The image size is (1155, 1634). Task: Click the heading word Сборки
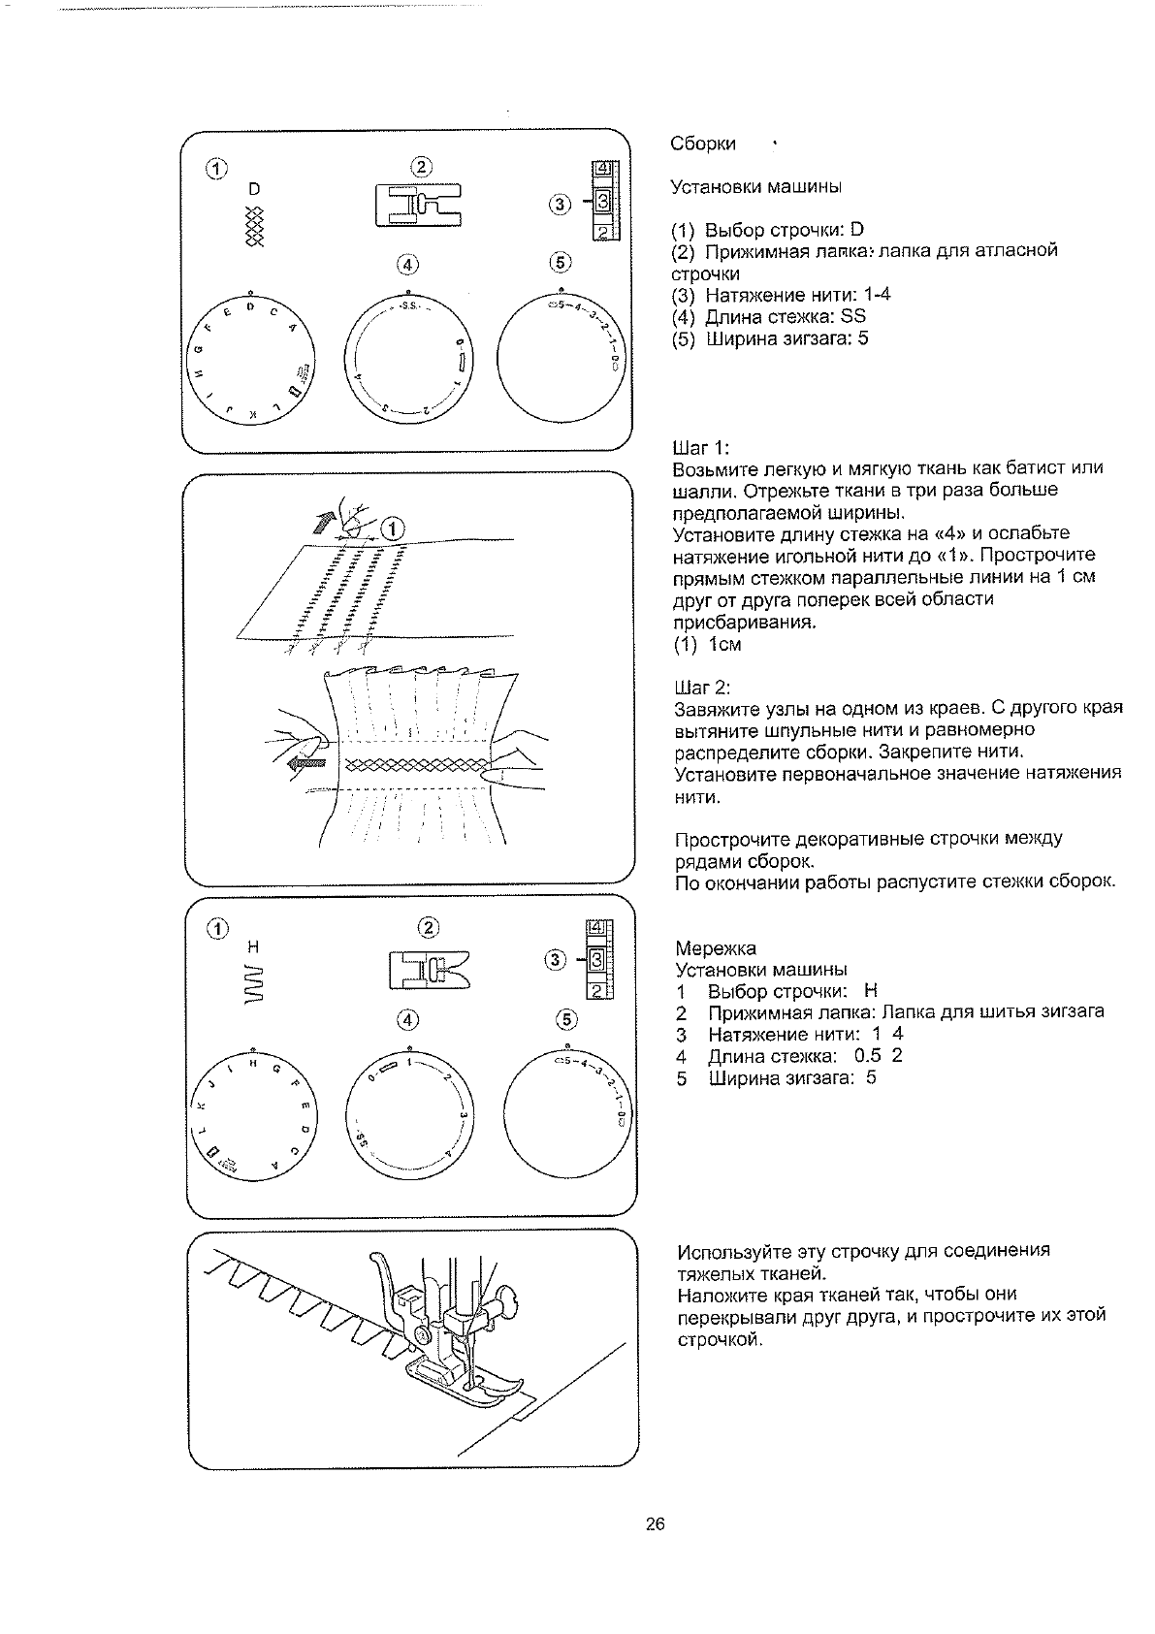[703, 144]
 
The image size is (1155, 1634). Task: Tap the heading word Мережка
[715, 947]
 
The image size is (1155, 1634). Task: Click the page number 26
[655, 1523]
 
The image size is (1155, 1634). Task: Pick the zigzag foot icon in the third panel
[428, 969]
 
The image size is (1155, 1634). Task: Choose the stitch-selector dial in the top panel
[251, 357]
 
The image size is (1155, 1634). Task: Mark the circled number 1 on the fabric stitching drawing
[393, 529]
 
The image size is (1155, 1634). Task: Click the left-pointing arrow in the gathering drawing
[308, 763]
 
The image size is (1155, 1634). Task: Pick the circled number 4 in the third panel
[409, 1020]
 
